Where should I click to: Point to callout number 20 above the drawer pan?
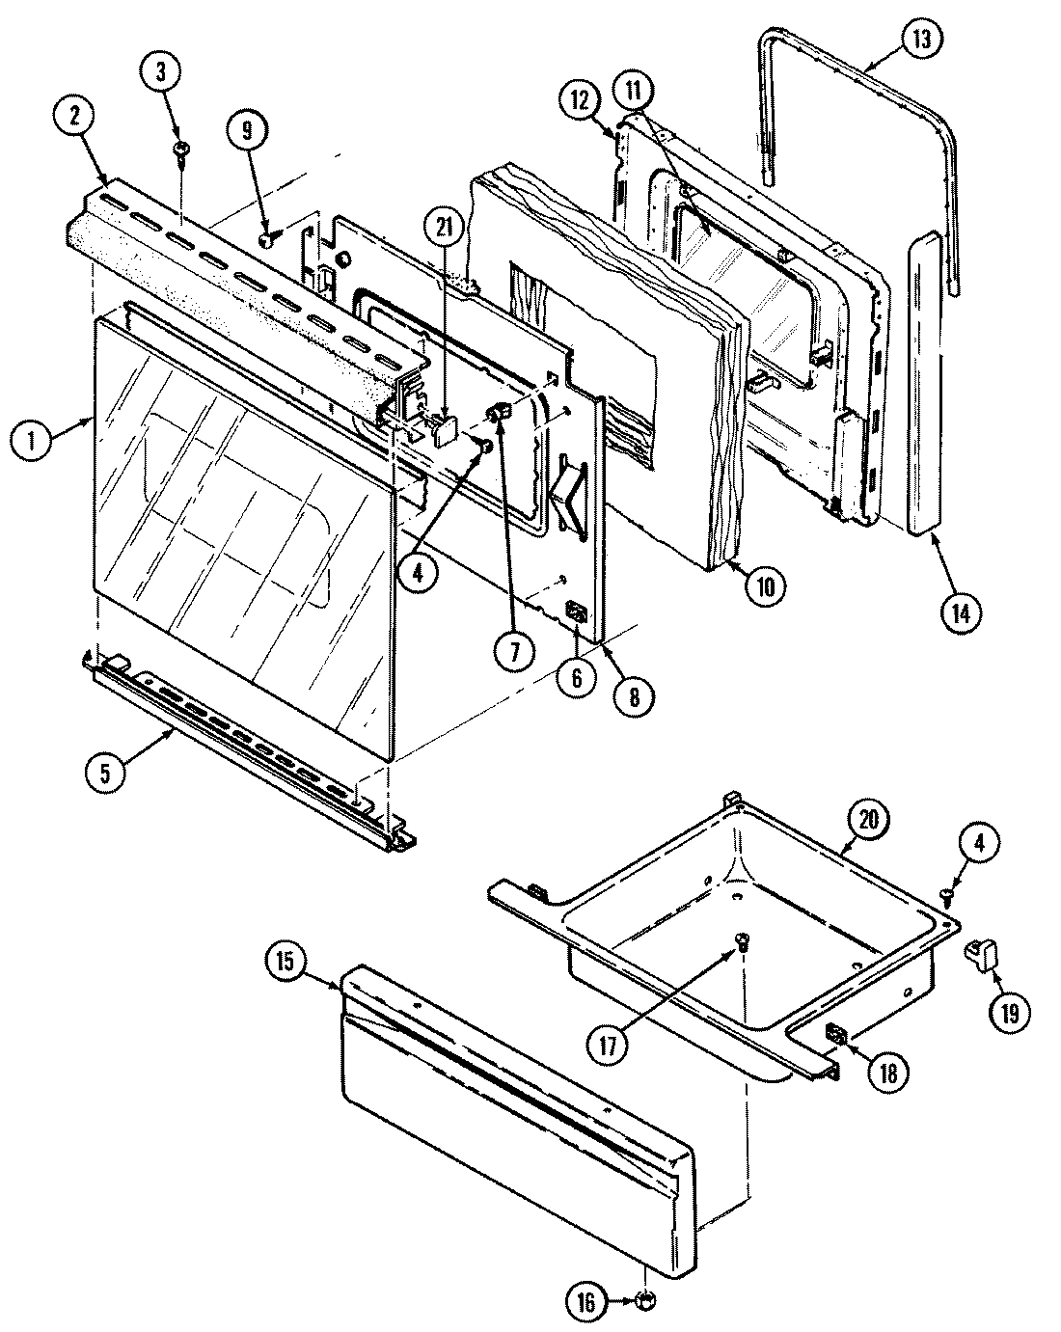click(867, 821)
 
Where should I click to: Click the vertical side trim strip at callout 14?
click(927, 386)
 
